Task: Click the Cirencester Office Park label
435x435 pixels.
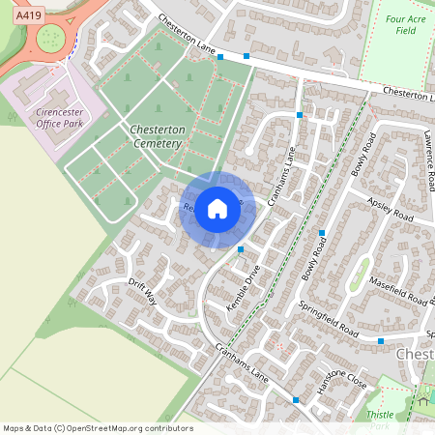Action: point(61,119)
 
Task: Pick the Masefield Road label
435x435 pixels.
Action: point(397,290)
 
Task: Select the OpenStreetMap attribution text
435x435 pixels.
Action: point(98,427)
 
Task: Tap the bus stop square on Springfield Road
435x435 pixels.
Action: point(381,341)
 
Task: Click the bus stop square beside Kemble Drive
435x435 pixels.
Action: point(241,250)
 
